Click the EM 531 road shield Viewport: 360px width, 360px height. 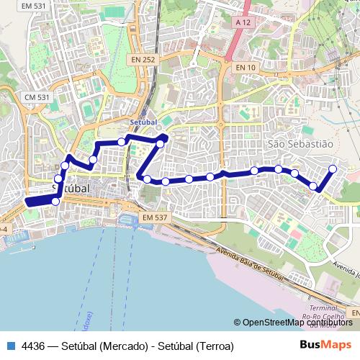(34, 6)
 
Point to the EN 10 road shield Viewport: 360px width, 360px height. (246, 67)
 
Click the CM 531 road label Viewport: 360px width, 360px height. (36, 96)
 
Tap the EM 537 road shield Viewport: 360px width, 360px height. (155, 217)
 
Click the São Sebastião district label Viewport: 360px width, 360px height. (300, 144)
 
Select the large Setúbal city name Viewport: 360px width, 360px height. (72, 186)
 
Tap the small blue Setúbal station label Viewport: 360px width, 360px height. (144, 123)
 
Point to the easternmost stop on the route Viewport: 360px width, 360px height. (333, 169)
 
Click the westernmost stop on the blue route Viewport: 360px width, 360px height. (55, 201)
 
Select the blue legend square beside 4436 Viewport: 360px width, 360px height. (9, 346)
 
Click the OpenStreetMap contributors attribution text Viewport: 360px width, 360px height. (297, 323)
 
